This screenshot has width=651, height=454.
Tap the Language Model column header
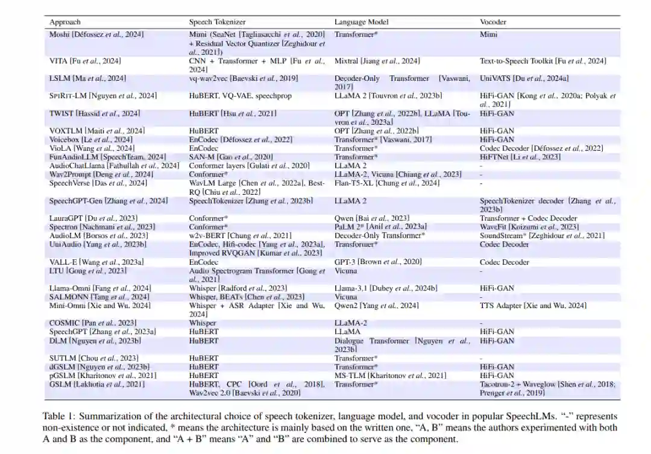click(x=362, y=22)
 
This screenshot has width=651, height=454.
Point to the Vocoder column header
click(x=493, y=22)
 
